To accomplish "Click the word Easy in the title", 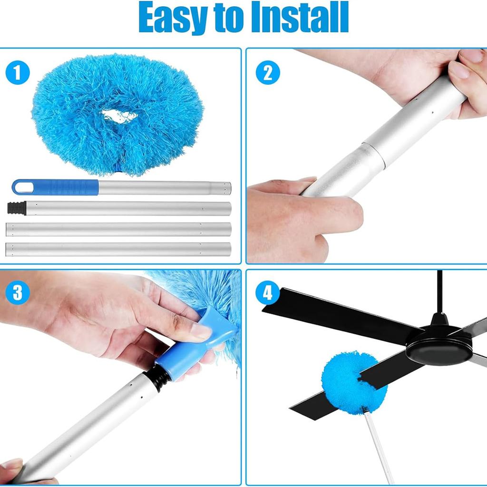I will click(x=174, y=19).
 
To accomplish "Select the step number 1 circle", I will click(x=18, y=73).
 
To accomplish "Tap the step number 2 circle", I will click(x=268, y=73).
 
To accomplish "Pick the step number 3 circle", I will click(x=18, y=292).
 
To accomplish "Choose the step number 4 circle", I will click(x=268, y=292).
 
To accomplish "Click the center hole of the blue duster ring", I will click(x=119, y=116).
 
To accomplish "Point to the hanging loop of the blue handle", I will click(x=22, y=187).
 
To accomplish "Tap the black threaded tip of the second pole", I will click(x=17, y=208).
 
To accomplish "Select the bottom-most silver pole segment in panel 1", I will click(x=119, y=249).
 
